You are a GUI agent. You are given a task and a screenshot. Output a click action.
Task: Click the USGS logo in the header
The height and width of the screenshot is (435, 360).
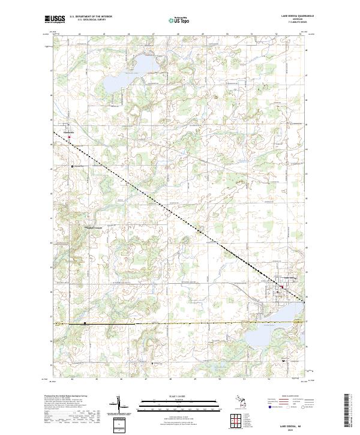pyautogui.click(x=54, y=19)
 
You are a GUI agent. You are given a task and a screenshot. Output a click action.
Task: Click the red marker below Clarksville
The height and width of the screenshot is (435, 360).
pyautogui.click(x=69, y=137)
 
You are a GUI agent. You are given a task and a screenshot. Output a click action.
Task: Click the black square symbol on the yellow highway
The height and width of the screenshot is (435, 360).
pyautogui.click(x=85, y=323)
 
